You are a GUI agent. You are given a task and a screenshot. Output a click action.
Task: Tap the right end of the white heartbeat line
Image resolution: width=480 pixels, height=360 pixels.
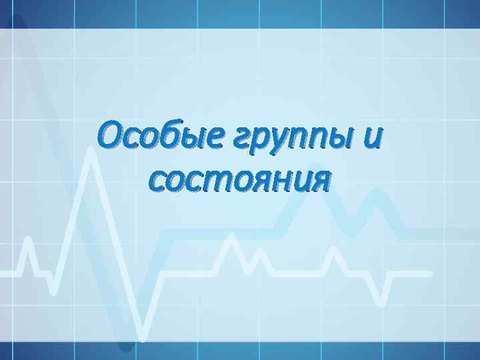430,273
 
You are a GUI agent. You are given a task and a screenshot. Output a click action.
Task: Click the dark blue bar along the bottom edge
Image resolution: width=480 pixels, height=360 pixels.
240,351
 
